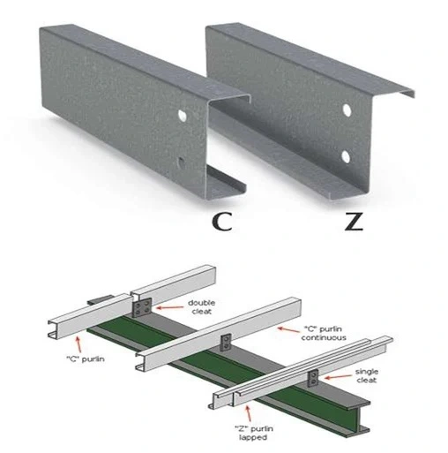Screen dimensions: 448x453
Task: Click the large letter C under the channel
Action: (222, 222)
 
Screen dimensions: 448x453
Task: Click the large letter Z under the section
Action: (354, 222)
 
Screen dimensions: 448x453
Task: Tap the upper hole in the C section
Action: (183, 116)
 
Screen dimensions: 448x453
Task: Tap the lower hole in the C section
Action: (182, 162)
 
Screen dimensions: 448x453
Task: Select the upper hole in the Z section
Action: (347, 109)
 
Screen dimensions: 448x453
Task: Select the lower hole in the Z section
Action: (346, 157)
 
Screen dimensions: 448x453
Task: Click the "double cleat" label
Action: (202, 307)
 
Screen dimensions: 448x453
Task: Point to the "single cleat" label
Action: (367, 376)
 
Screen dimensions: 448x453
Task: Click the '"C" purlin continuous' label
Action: (324, 333)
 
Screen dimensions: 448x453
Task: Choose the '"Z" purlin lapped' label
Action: (253, 433)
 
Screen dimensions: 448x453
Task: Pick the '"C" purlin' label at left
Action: (86, 359)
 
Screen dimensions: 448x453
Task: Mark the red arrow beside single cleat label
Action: (338, 377)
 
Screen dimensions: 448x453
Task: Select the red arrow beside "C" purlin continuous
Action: (290, 329)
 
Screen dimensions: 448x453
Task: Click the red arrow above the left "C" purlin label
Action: (78, 344)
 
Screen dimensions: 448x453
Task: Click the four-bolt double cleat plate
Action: (142, 307)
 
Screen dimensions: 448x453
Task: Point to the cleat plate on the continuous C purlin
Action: (226, 343)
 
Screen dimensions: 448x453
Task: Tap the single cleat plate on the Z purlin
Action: (313, 378)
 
